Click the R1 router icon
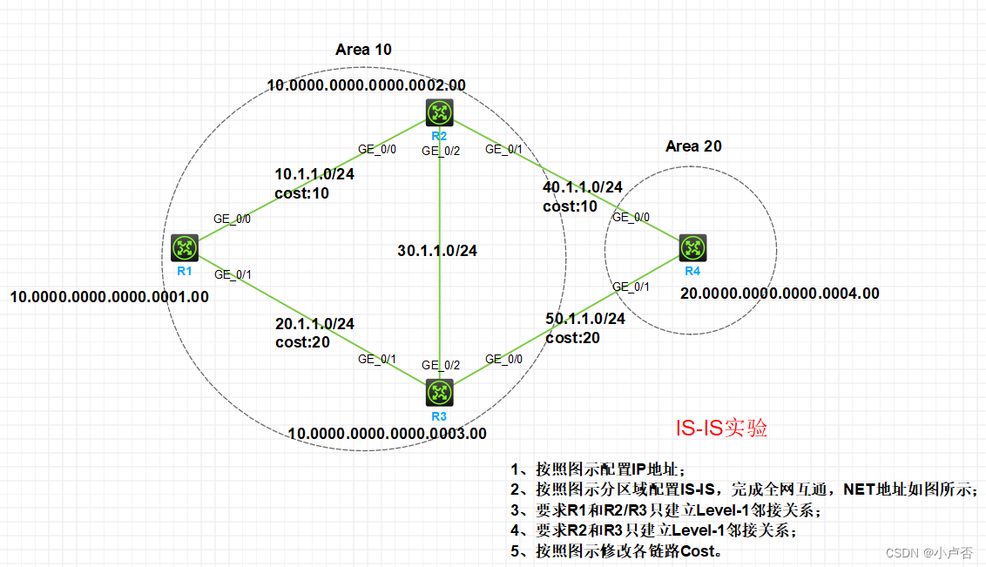pos(185,247)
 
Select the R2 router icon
pos(439,112)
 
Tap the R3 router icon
pos(439,392)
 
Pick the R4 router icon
pos(692,247)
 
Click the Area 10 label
pos(363,50)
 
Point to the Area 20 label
pos(693,146)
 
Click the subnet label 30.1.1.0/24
pos(436,251)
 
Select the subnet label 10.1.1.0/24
pos(314,174)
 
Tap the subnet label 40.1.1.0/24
pos(583,187)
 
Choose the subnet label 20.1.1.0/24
pos(314,323)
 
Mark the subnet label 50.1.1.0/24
pos(585,319)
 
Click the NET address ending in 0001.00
pos(109,296)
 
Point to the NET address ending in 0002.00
pos(366,85)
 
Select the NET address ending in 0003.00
pos(387,433)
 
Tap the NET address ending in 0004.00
pos(780,294)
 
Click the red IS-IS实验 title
pos(722,429)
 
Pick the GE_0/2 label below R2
pos(441,151)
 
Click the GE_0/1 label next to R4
pos(631,287)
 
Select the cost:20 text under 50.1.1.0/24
pos(572,337)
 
